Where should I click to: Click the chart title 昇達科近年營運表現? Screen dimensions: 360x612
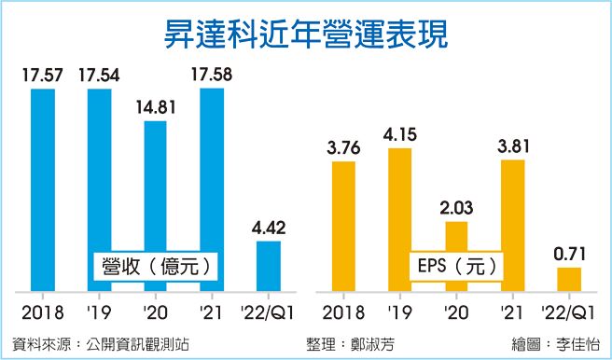[305, 35]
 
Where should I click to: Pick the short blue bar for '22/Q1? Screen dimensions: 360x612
[268, 267]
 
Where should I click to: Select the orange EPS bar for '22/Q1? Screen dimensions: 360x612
[568, 280]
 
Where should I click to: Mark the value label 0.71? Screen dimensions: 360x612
[568, 253]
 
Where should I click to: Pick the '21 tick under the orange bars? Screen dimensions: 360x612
[511, 311]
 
